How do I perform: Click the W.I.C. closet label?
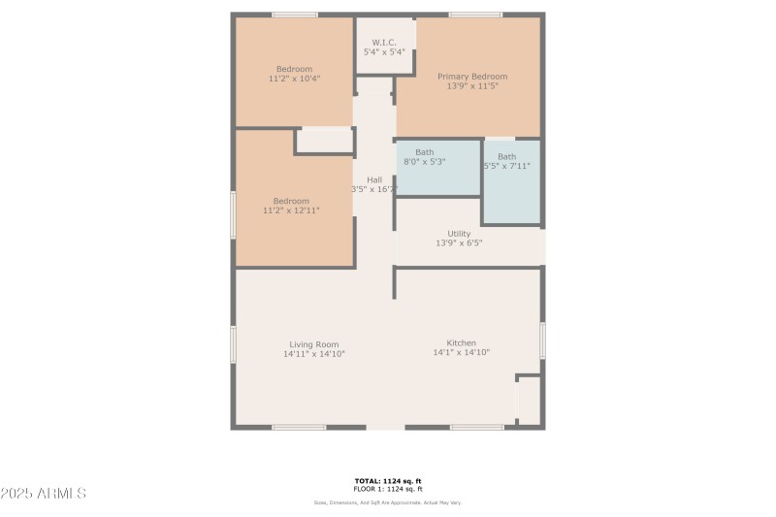point(384,43)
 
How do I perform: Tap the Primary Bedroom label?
point(472,77)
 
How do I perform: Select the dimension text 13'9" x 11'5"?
point(472,86)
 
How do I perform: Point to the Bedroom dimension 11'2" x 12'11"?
point(291,210)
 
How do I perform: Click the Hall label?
point(373,179)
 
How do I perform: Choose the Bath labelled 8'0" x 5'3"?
point(425,152)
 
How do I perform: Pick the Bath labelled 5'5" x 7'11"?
point(507,156)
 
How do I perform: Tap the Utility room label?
point(459,234)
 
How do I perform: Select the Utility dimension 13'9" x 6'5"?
point(459,243)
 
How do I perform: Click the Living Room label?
point(313,344)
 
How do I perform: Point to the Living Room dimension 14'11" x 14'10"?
point(313,354)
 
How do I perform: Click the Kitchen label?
point(461,343)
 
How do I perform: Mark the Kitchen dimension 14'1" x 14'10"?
point(461,353)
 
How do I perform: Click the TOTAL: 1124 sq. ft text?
point(387,481)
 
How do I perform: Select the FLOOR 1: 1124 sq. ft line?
point(387,489)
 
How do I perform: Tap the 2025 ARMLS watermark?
point(44,494)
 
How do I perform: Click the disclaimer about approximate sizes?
point(387,502)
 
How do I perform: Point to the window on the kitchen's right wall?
point(542,340)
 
